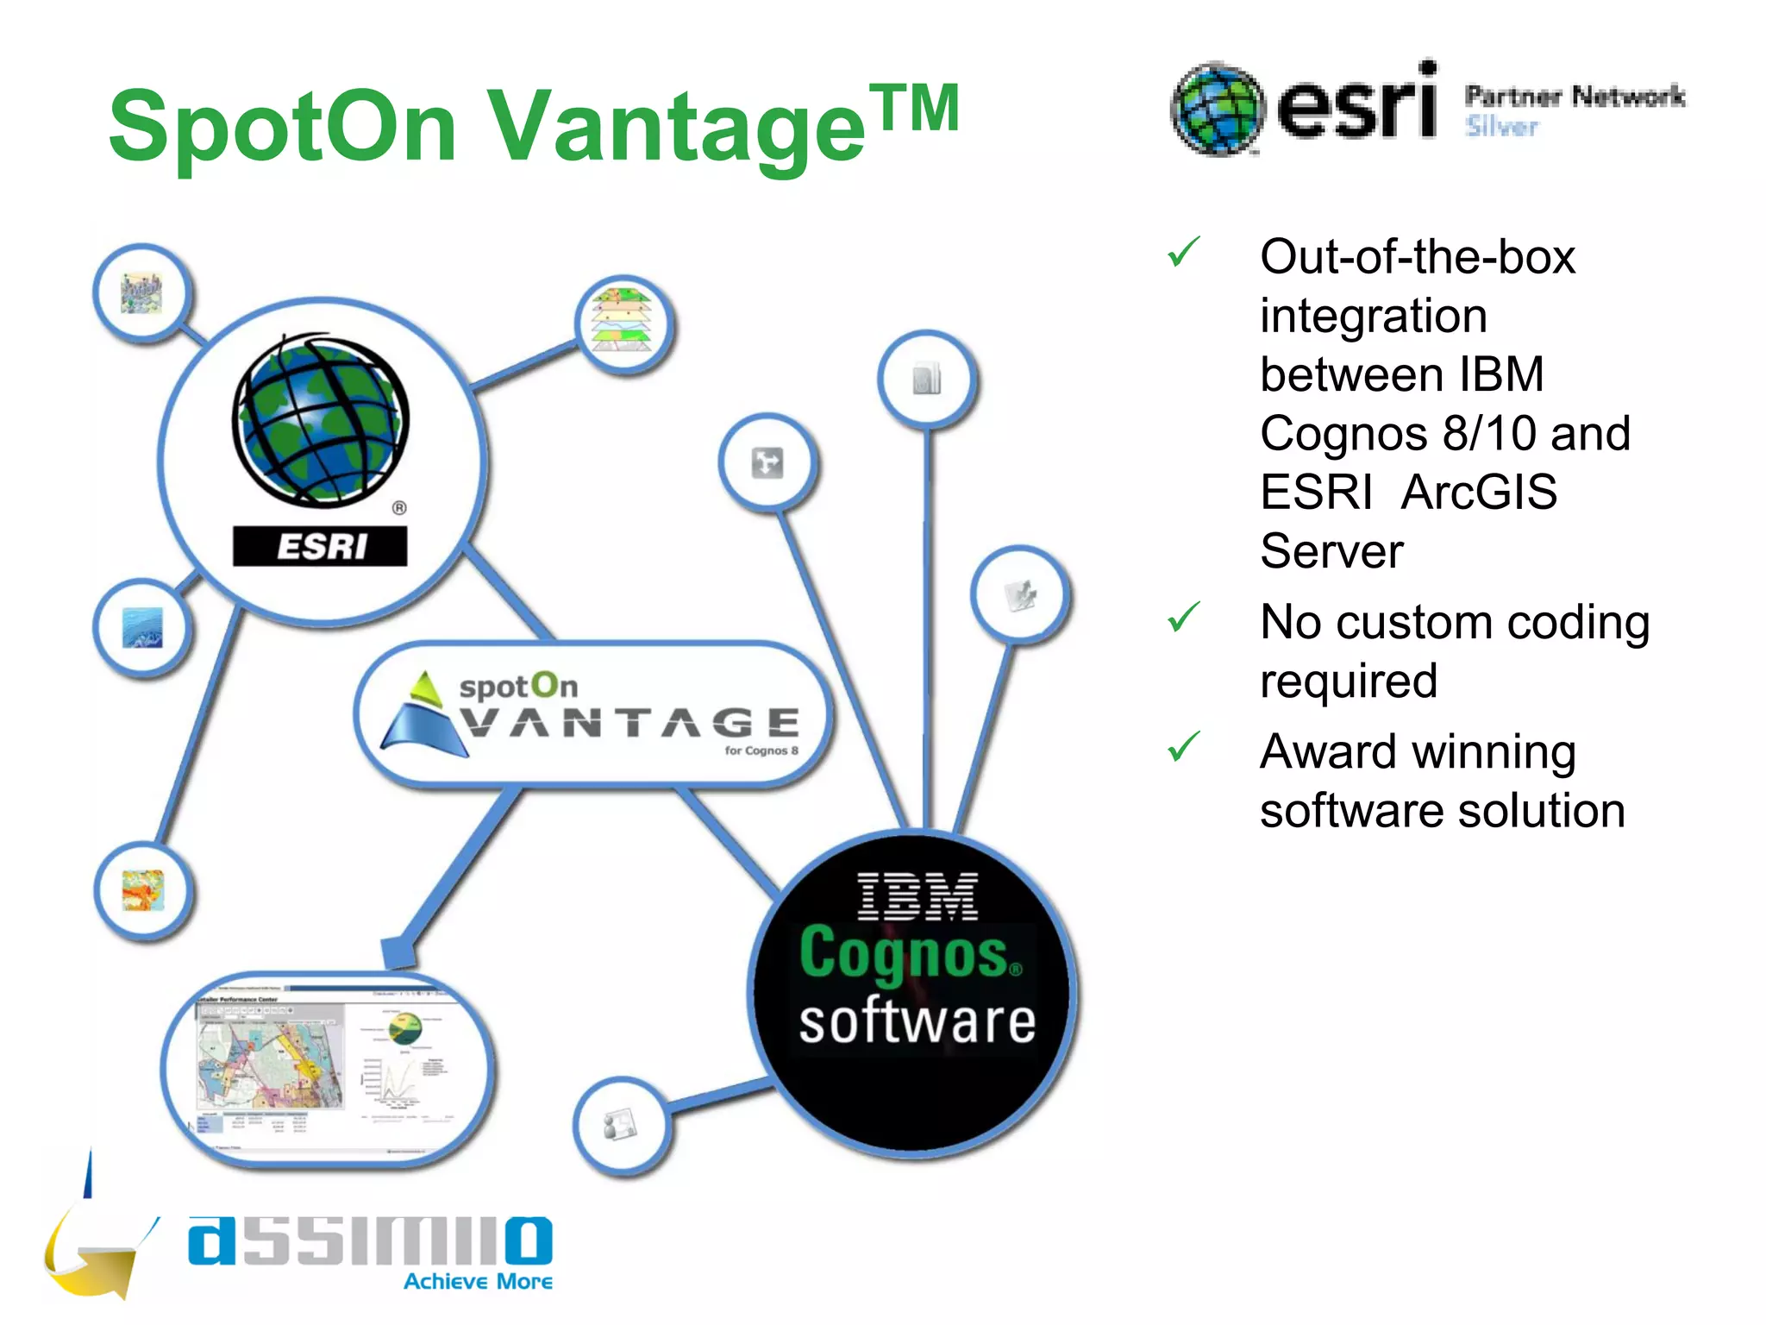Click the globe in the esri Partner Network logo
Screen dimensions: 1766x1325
tap(1218, 110)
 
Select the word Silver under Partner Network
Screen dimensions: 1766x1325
tap(1502, 127)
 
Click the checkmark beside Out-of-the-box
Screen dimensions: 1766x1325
tap(1184, 252)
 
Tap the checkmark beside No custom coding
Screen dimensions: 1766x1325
tap(1184, 616)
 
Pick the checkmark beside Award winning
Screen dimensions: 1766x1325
tap(1184, 746)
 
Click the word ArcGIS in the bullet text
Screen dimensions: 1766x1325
tap(1479, 493)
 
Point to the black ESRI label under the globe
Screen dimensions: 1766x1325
tap(320, 546)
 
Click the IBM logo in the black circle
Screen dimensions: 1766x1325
tap(917, 896)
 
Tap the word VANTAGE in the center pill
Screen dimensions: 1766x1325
tap(629, 723)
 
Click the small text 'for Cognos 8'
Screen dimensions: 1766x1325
tap(761, 750)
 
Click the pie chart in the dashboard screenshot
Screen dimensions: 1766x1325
tap(404, 1029)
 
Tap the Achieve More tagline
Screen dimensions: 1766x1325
tap(479, 1282)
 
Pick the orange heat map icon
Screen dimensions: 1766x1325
tap(143, 890)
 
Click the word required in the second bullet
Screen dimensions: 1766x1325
tap(1349, 681)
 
